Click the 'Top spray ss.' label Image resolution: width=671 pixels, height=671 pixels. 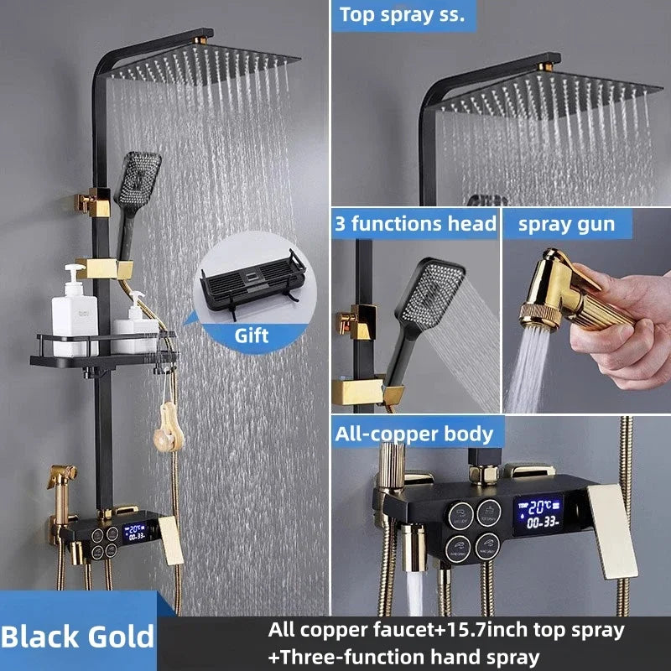tap(402, 15)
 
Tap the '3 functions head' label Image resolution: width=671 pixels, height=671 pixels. tap(415, 224)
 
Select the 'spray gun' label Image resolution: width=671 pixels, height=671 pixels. tap(566, 225)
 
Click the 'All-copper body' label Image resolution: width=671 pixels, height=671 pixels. tap(414, 434)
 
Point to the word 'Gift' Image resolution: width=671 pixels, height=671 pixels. tap(251, 335)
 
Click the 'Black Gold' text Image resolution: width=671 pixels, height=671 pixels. tap(77, 637)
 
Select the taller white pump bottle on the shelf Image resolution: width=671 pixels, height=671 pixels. tap(75, 310)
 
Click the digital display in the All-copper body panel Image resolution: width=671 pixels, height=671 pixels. tap(538, 515)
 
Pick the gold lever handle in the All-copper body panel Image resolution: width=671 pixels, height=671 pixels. tap(612, 532)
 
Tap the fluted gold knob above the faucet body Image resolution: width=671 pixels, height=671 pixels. tap(391, 466)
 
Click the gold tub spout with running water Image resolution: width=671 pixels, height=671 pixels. tap(414, 548)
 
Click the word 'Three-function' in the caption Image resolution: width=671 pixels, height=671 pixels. tap(351, 658)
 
